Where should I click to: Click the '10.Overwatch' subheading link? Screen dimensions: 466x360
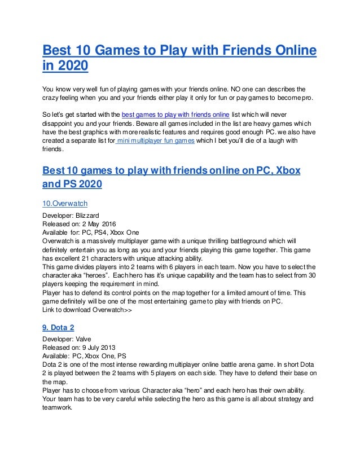(65, 203)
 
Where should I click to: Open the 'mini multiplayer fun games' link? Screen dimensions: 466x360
(155, 141)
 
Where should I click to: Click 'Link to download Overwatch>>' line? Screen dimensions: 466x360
(87, 310)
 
